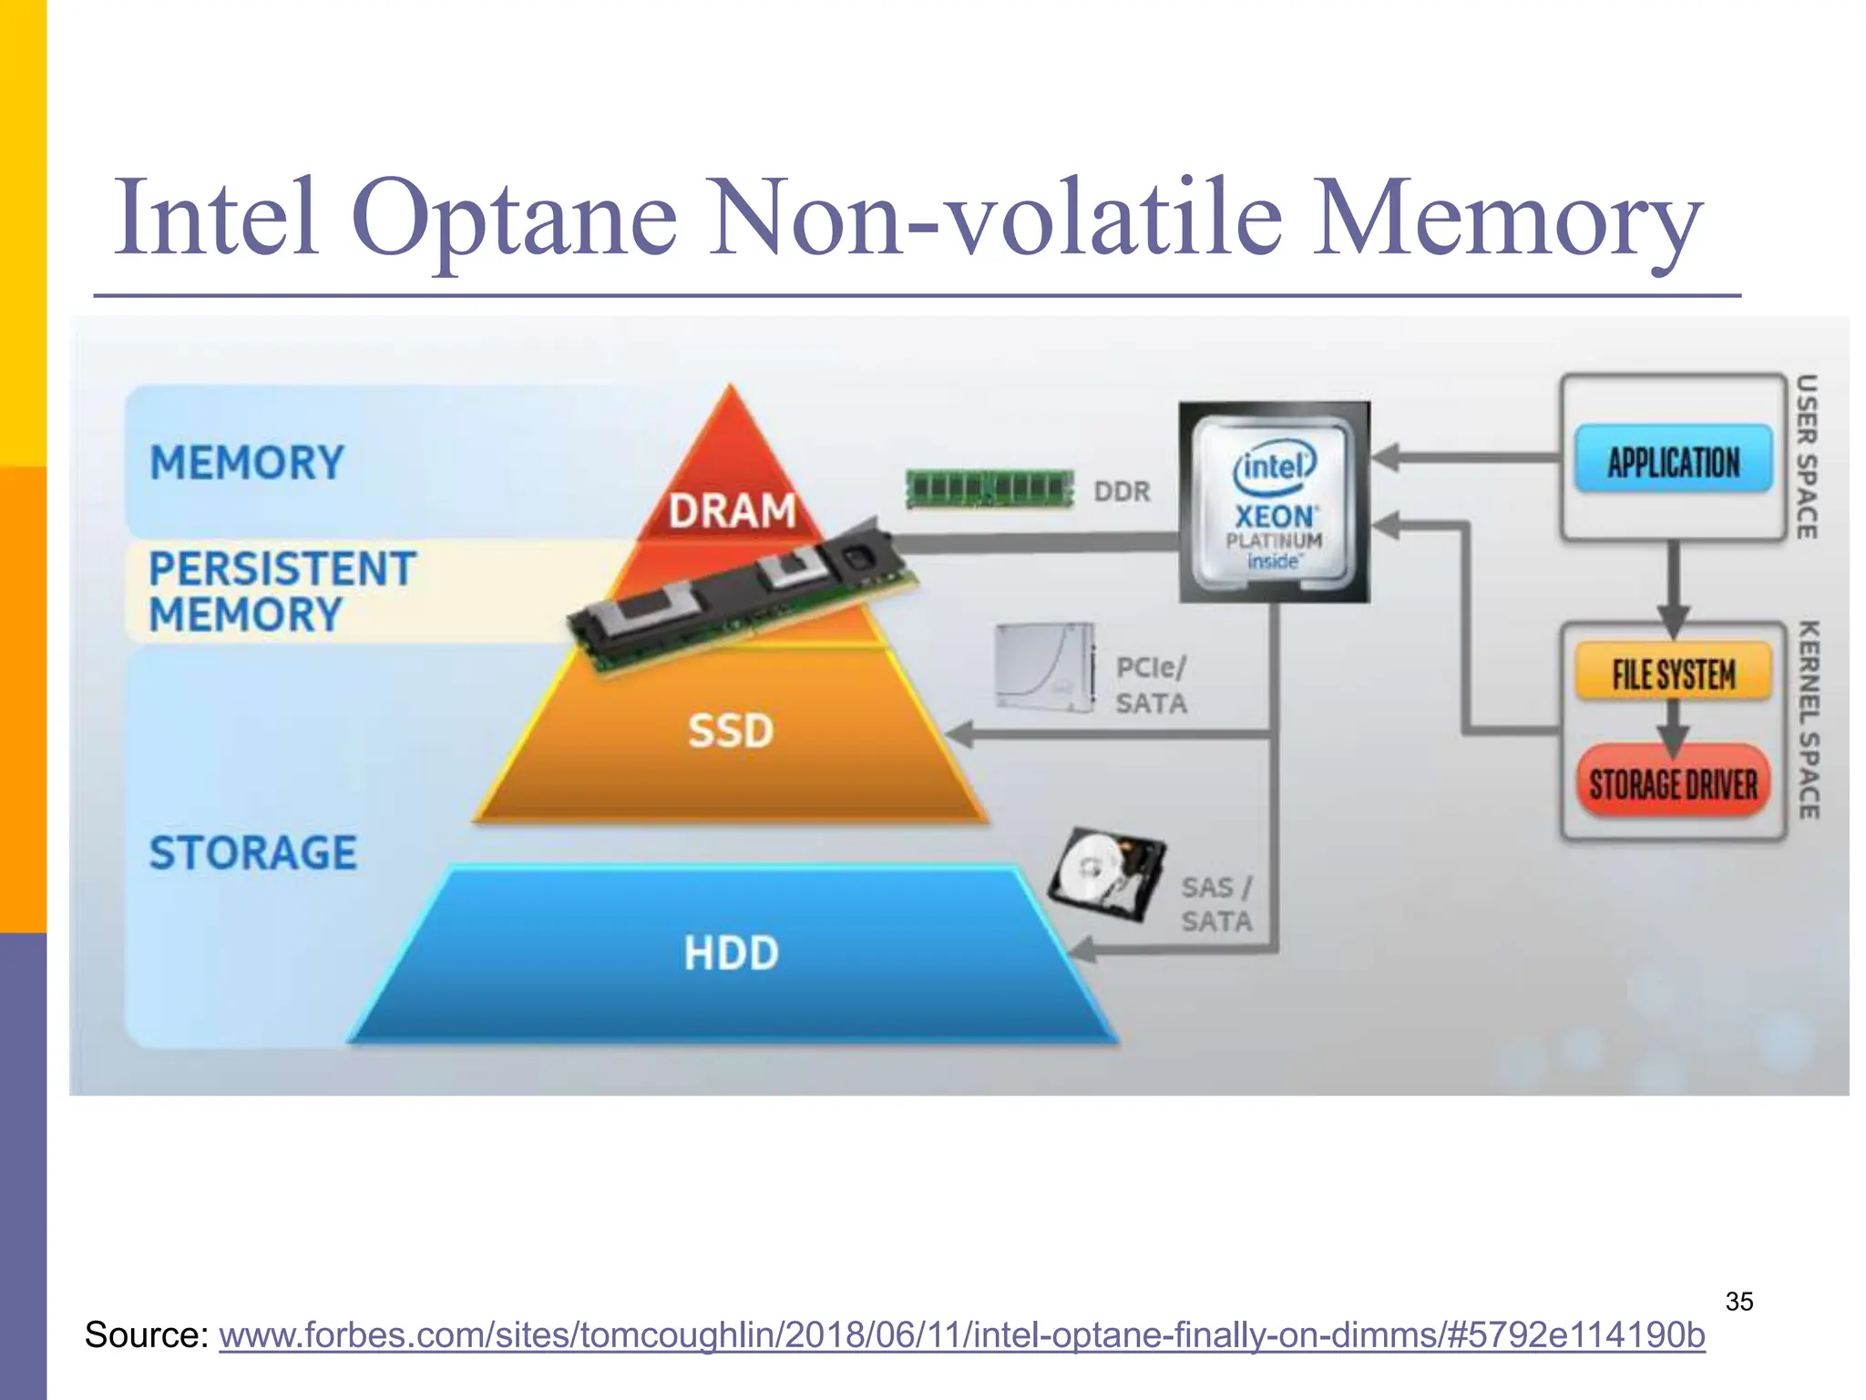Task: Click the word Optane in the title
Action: point(513,219)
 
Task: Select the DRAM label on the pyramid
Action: point(732,510)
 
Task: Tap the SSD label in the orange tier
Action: point(731,731)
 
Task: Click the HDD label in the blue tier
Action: point(732,954)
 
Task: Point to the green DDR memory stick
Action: point(989,489)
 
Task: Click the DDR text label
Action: point(1122,492)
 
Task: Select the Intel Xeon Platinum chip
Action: point(1274,502)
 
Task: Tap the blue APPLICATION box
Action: point(1673,460)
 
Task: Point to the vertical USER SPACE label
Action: point(1807,457)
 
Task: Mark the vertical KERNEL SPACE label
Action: point(1809,720)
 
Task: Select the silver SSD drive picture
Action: point(1045,667)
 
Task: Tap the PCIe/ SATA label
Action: point(1152,685)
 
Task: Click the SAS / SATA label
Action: point(1217,904)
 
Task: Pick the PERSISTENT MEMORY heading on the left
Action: point(282,592)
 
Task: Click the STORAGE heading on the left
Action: point(252,853)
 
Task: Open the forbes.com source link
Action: point(961,1335)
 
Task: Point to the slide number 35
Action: point(1738,1302)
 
